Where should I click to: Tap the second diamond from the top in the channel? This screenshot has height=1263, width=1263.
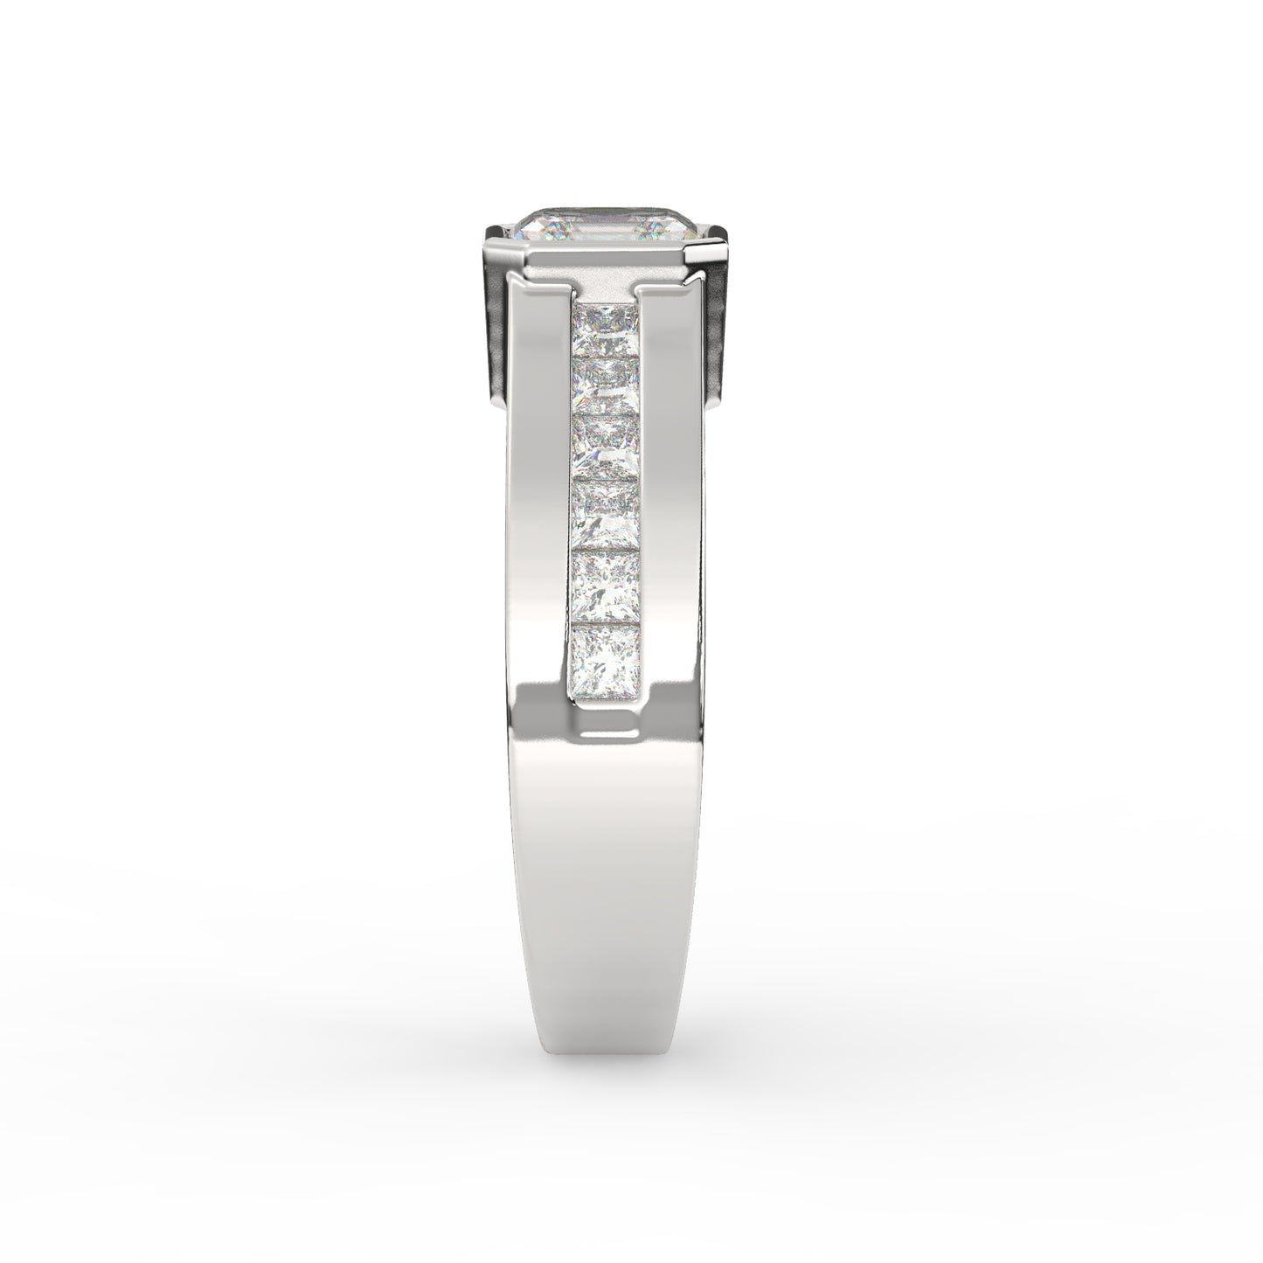[605, 378]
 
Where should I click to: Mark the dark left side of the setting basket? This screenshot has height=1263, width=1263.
[495, 332]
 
